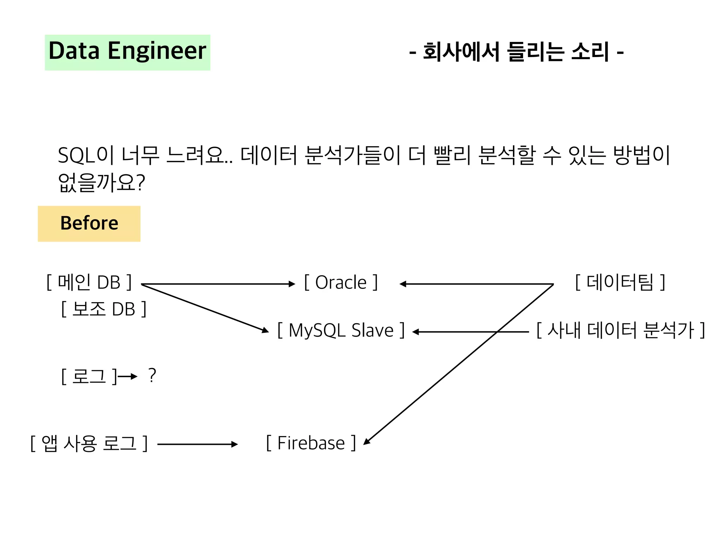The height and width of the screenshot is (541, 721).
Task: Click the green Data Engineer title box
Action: pyautogui.click(x=127, y=52)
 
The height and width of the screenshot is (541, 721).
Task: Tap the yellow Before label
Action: pyautogui.click(x=89, y=224)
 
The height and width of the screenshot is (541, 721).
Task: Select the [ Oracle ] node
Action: pyautogui.click(x=341, y=282)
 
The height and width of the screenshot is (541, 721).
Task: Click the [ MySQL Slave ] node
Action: pyautogui.click(x=341, y=330)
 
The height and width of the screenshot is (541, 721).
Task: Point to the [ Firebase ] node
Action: pyautogui.click(x=311, y=443)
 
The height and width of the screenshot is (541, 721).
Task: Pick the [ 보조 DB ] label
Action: pyautogui.click(x=104, y=309)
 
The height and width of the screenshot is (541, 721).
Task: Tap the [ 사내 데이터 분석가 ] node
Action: pyautogui.click(x=620, y=330)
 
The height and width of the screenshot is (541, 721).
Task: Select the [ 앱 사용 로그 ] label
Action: pyautogui.click(x=89, y=443)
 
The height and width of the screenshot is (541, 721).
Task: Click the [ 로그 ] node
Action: pyautogui.click(x=89, y=376)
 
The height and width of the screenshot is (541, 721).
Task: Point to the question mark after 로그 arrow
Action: pyautogui.click(x=152, y=375)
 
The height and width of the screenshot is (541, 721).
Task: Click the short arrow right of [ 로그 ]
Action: pyautogui.click(x=127, y=377)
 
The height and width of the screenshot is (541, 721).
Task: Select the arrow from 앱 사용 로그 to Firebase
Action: pyautogui.click(x=197, y=444)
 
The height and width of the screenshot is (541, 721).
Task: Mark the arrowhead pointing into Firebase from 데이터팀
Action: pyautogui.click(x=366, y=441)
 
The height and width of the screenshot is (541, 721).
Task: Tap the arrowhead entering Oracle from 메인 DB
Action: pyautogui.click(x=292, y=284)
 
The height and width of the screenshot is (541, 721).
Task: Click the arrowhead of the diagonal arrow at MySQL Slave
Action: pyautogui.click(x=265, y=330)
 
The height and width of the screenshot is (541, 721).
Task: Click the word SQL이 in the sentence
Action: pyautogui.click(x=86, y=155)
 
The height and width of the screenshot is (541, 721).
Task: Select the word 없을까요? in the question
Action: pyautogui.click(x=101, y=182)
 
